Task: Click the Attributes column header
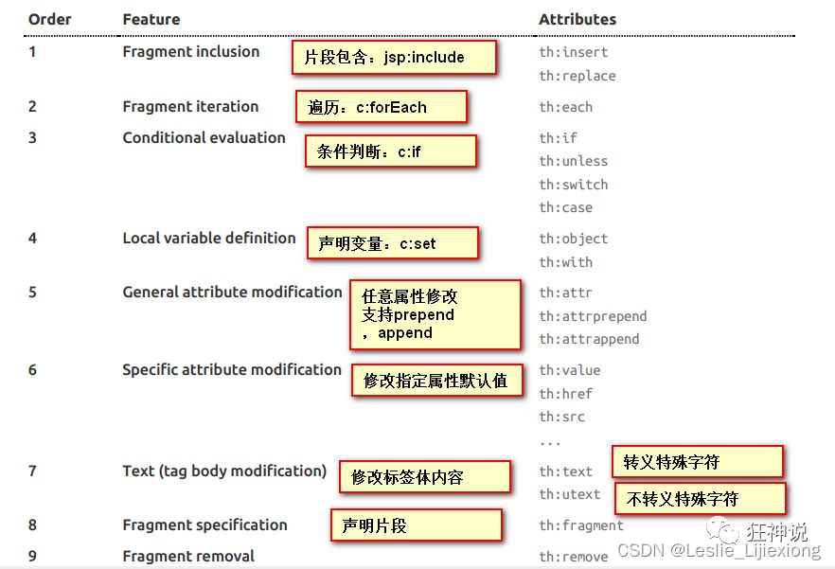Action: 577,19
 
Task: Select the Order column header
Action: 49,19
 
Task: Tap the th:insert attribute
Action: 574,52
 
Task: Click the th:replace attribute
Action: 577,76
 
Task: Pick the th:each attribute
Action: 566,107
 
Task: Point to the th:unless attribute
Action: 574,161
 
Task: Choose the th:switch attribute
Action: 574,185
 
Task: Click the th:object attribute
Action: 574,239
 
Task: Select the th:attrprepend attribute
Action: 593,316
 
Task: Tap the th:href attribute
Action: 566,394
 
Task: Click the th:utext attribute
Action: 570,494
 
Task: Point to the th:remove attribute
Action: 574,557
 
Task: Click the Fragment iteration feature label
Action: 190,107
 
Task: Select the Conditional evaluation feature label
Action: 204,137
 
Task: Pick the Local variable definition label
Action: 209,238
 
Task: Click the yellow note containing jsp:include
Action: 394,58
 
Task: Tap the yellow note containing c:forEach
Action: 382,107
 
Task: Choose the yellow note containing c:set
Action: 392,243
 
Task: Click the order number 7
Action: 32,471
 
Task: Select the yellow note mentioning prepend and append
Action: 435,314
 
